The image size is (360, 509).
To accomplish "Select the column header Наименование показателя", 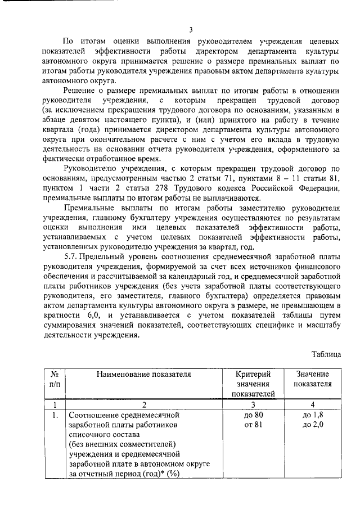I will point(143,373).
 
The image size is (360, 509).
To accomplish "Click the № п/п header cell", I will point(55,378).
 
